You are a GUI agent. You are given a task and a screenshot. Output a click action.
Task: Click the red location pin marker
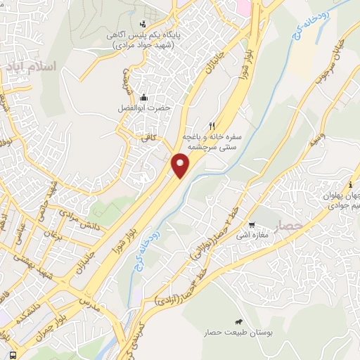pos(181,165)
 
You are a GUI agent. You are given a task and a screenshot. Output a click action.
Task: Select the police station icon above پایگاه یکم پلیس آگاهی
pos(143,24)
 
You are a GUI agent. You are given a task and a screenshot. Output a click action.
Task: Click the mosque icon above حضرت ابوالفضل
pos(144,97)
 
